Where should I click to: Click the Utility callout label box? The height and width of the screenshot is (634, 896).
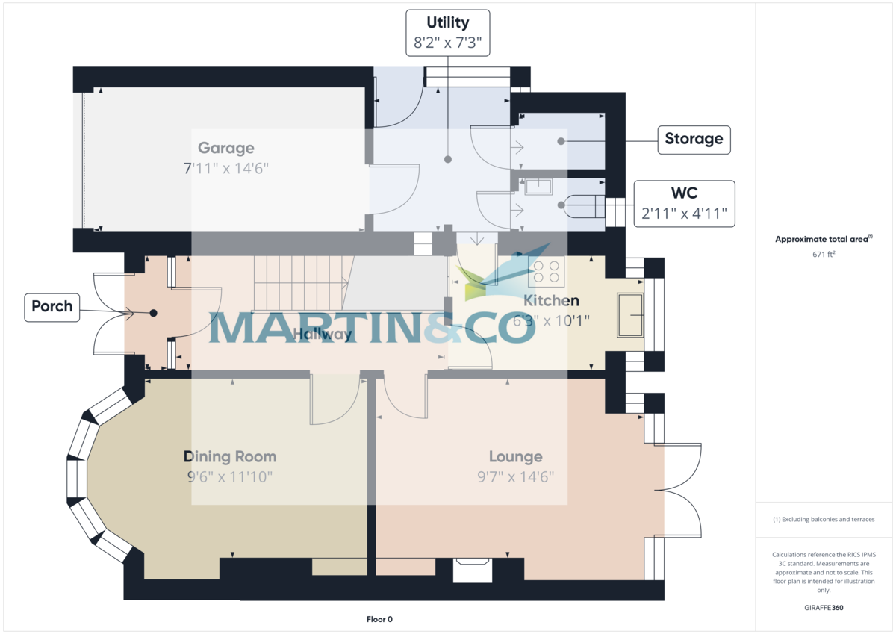pyautogui.click(x=448, y=33)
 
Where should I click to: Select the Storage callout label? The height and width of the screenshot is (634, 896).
pyautogui.click(x=694, y=139)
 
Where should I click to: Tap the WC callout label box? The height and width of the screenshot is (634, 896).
pyautogui.click(x=684, y=204)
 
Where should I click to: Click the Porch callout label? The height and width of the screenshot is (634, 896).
pyautogui.click(x=52, y=306)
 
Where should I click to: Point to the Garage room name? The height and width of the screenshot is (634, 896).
pyautogui.click(x=225, y=148)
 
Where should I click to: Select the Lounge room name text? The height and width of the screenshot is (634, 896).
pyautogui.click(x=515, y=456)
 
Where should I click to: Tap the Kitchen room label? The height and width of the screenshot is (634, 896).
pyautogui.click(x=551, y=301)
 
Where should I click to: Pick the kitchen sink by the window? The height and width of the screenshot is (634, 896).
pyautogui.click(x=630, y=315)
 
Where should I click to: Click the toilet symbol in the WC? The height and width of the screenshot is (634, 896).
pyautogui.click(x=585, y=205)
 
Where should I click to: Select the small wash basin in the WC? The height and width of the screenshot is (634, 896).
pyautogui.click(x=538, y=186)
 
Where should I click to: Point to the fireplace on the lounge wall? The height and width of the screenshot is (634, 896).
pyautogui.click(x=473, y=571)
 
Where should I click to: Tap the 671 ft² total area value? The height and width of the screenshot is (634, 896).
pyautogui.click(x=824, y=255)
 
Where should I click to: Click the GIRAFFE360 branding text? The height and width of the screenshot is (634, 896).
pyautogui.click(x=824, y=608)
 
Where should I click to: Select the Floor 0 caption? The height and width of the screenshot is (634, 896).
pyautogui.click(x=379, y=619)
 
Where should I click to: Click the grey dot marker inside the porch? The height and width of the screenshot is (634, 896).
pyautogui.click(x=152, y=314)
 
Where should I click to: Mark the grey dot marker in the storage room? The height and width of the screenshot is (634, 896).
pyautogui.click(x=560, y=140)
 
